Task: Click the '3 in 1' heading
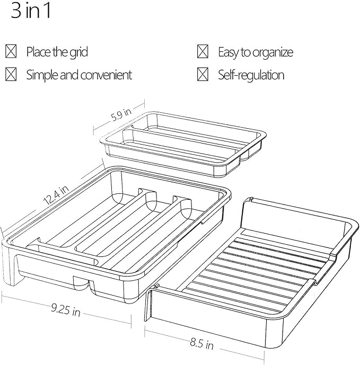tap(31, 11)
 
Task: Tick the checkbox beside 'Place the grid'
tap(11, 51)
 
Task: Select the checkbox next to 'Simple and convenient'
tap(11, 74)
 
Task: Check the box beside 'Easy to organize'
tap(203, 51)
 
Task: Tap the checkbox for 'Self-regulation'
tap(203, 74)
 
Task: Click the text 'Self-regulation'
tap(251, 75)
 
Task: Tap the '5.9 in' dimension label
tap(121, 114)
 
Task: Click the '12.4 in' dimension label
tap(56, 195)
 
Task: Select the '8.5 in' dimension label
tap(202, 344)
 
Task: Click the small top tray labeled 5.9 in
tap(183, 144)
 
